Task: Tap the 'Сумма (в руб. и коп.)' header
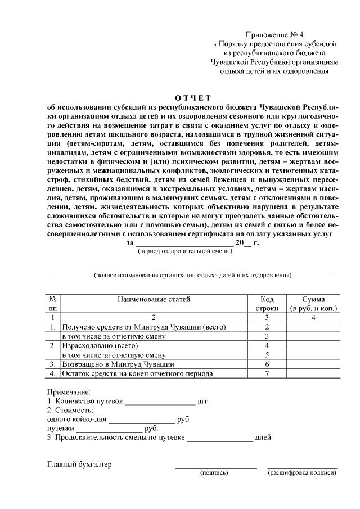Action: click(313, 304)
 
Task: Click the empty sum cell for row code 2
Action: click(313, 327)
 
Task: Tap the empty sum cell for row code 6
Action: click(313, 364)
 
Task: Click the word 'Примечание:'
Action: click(68, 391)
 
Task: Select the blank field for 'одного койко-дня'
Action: click(142, 421)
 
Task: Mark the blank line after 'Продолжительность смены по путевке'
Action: click(220, 438)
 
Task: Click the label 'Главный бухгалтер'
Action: click(79, 465)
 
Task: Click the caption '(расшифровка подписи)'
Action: click(303, 473)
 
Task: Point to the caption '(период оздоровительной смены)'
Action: click(185, 252)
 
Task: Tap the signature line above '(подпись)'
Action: click(215, 467)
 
